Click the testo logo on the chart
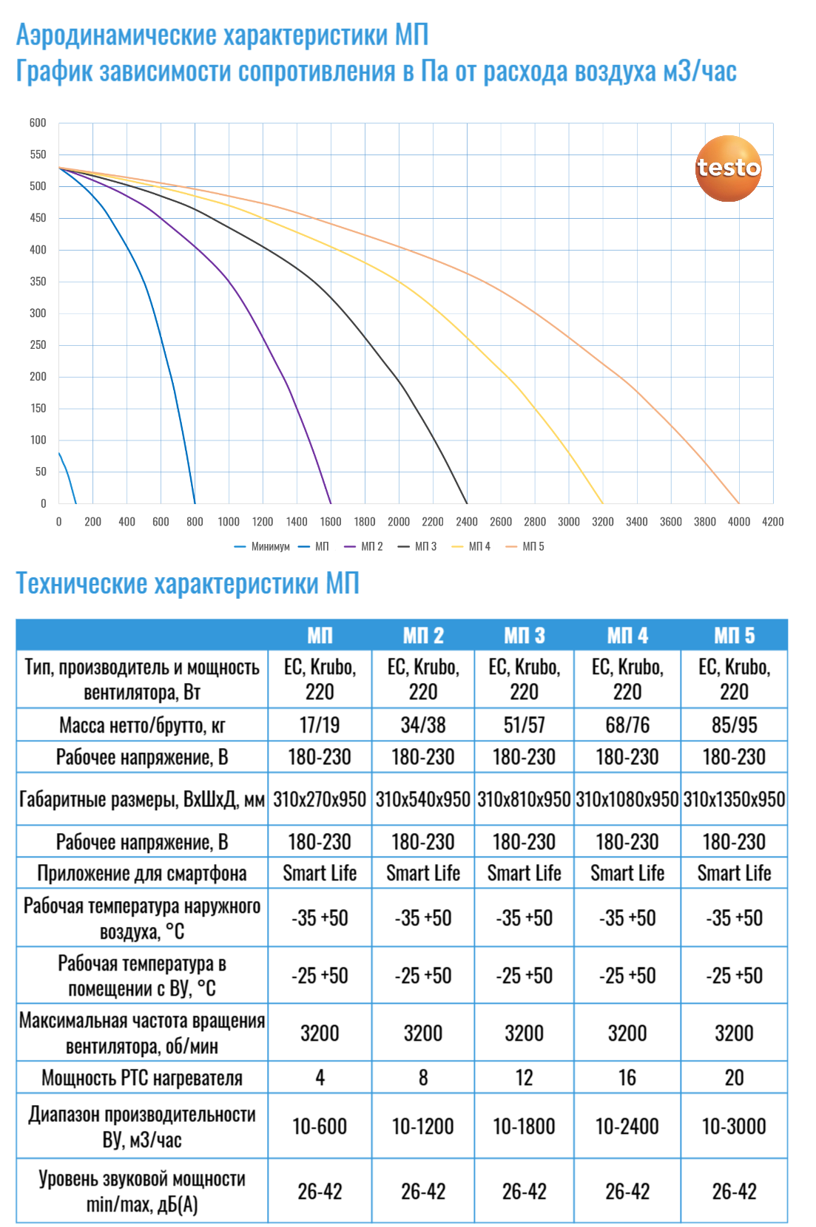pyautogui.click(x=728, y=169)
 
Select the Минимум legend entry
pyautogui.click(x=263, y=546)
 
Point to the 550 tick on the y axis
pyautogui.click(x=38, y=154)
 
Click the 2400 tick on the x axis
pyautogui.click(x=467, y=522)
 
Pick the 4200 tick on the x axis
pyautogui.click(x=773, y=522)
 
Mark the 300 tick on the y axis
pyautogui.click(x=38, y=313)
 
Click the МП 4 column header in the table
pyautogui.click(x=627, y=635)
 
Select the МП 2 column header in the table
pyautogui.click(x=423, y=635)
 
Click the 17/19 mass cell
pyautogui.click(x=320, y=725)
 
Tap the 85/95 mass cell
pyautogui.click(x=734, y=725)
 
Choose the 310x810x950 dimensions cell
pyautogui.click(x=524, y=799)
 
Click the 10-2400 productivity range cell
pyautogui.click(x=627, y=1126)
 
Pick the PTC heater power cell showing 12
pyautogui.click(x=524, y=1078)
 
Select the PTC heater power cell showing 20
pyautogui.click(x=734, y=1078)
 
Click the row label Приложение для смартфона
pyautogui.click(x=142, y=874)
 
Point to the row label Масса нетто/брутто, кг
pyautogui.click(x=142, y=725)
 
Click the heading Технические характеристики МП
pyautogui.click(x=188, y=584)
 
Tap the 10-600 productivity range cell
pyautogui.click(x=320, y=1126)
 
